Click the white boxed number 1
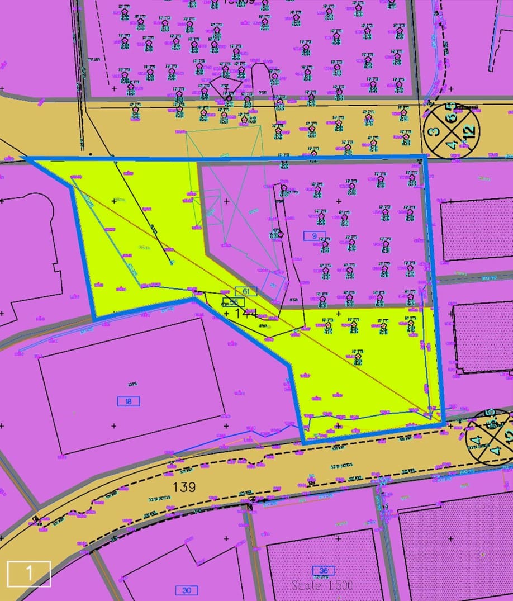(28, 574)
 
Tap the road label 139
(184, 487)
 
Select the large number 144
(246, 314)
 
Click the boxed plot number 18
(129, 401)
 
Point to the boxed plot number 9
(314, 236)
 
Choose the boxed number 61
(246, 291)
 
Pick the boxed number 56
(233, 302)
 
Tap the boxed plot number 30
(186, 590)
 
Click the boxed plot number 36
(324, 571)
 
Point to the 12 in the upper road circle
(469, 132)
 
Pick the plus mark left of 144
(226, 314)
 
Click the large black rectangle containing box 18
(131, 386)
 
